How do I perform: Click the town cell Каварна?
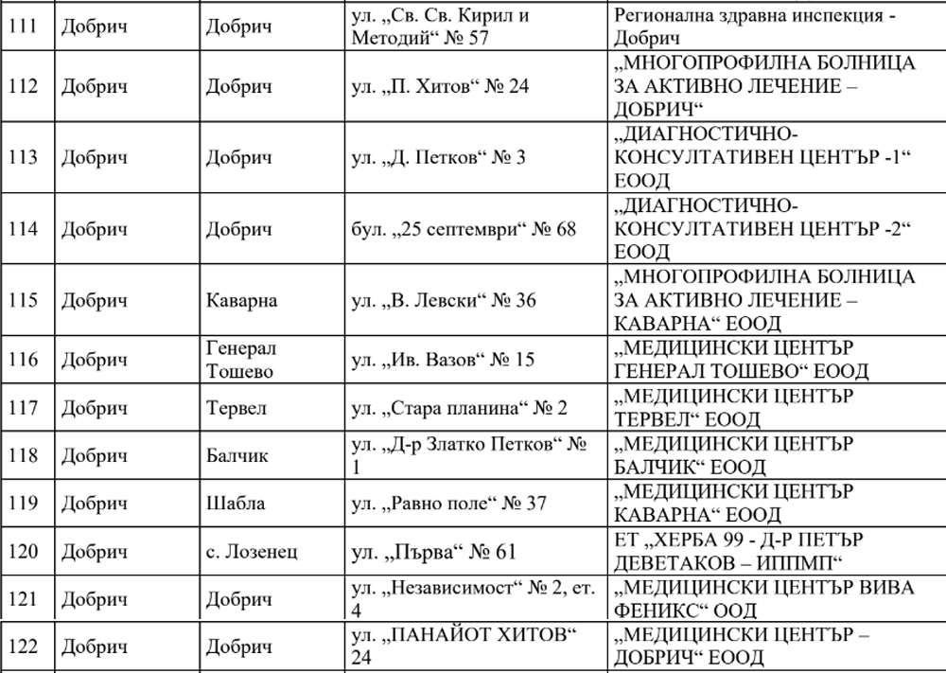point(241,301)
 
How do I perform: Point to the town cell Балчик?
point(236,456)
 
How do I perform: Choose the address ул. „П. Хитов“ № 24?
point(440,86)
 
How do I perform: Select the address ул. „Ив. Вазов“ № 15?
point(443,361)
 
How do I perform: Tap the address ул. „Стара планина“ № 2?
point(459,408)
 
